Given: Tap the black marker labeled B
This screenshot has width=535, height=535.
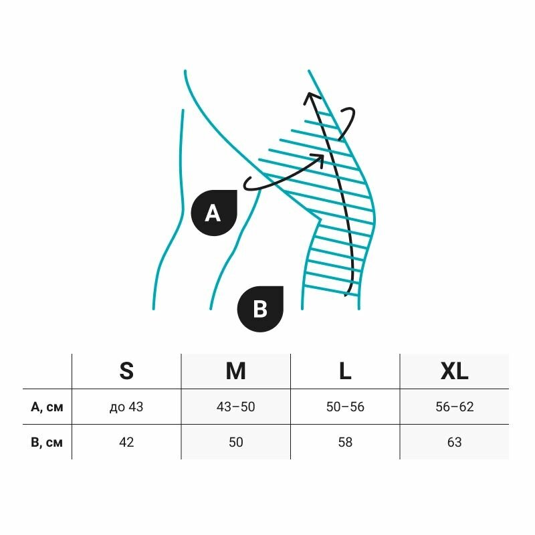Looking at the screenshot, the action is (x=261, y=309).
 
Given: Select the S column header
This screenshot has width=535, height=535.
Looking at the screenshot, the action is (x=126, y=370).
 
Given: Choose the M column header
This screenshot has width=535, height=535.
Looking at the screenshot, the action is (x=235, y=370).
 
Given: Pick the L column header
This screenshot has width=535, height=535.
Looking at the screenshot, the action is (x=345, y=370).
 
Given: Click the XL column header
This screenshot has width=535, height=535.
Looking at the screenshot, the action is (x=454, y=370).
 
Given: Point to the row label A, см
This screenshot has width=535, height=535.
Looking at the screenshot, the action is (x=47, y=407).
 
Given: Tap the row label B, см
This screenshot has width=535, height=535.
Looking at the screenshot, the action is (x=47, y=442).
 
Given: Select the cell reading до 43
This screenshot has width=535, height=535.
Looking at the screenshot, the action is (x=126, y=407).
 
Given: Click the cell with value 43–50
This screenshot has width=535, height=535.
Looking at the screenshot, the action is (x=235, y=407).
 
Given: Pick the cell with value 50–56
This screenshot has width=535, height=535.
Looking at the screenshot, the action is (x=345, y=407).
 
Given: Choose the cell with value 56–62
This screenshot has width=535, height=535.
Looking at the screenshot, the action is (x=454, y=407).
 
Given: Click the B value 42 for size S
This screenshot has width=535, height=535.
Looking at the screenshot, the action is (x=126, y=442).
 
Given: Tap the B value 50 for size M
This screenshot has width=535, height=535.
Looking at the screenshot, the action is (x=235, y=442).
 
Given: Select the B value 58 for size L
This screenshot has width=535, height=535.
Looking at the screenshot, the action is (x=345, y=442).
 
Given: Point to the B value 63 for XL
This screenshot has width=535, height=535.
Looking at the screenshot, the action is (x=454, y=442).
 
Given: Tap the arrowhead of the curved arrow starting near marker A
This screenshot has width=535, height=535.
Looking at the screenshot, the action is (x=320, y=158).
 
